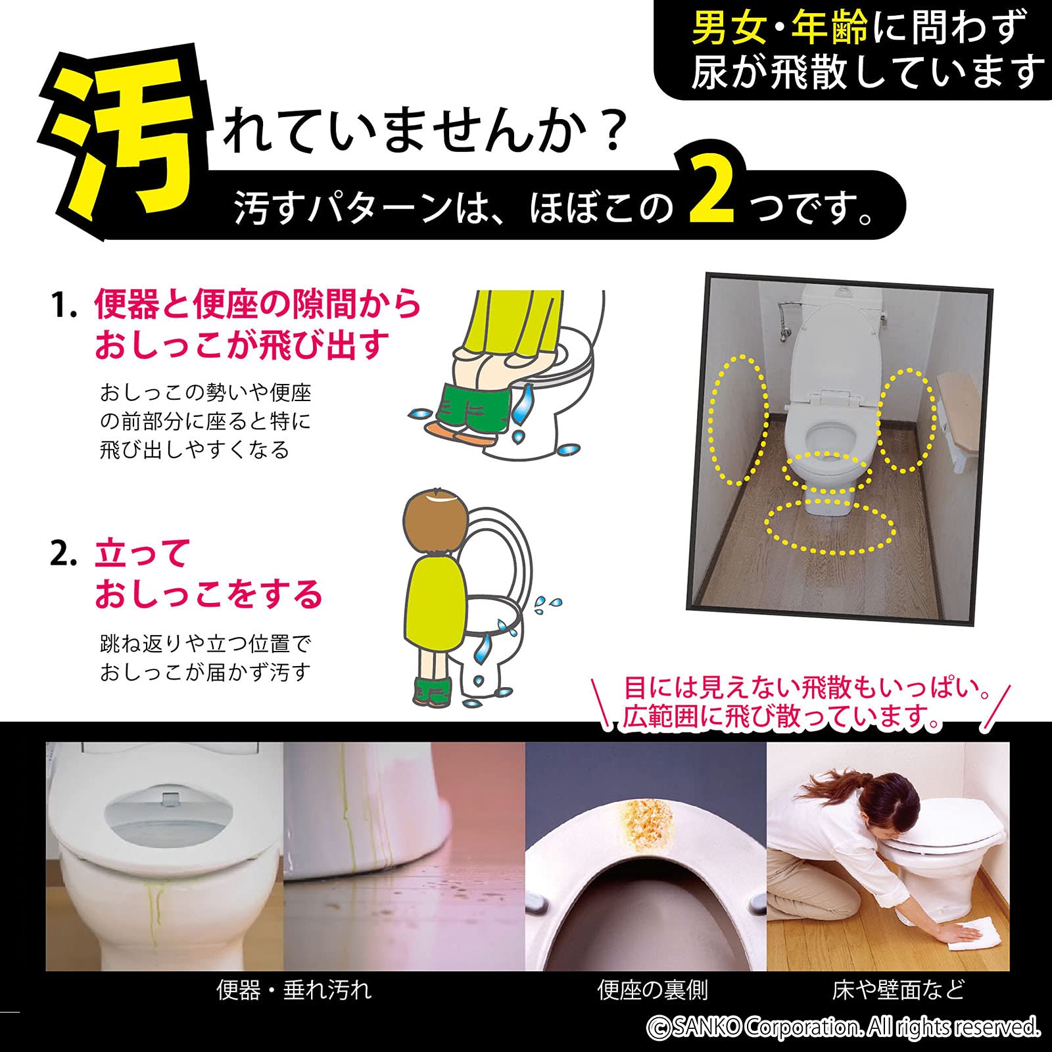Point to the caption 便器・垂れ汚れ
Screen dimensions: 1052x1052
pos(294,990)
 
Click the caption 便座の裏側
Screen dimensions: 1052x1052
pos(652,990)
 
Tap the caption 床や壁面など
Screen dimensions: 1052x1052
pos(898,990)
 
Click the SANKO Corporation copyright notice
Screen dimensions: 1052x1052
pos(844,1027)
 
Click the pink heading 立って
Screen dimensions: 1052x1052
pos(142,554)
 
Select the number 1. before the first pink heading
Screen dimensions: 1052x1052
pos(64,306)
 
